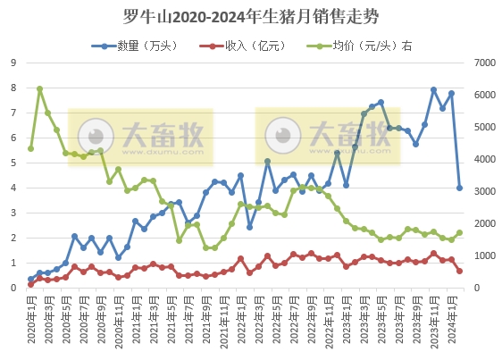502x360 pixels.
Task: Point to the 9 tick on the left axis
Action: (13, 63)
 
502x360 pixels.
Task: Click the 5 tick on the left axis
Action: (13, 163)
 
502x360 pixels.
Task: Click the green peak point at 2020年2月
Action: (39, 88)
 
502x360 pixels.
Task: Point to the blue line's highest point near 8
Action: (433, 89)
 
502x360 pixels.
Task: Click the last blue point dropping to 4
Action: (460, 188)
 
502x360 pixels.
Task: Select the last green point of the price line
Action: (460, 232)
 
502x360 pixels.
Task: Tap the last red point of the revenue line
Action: (460, 271)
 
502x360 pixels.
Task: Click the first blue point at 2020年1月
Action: (31, 279)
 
